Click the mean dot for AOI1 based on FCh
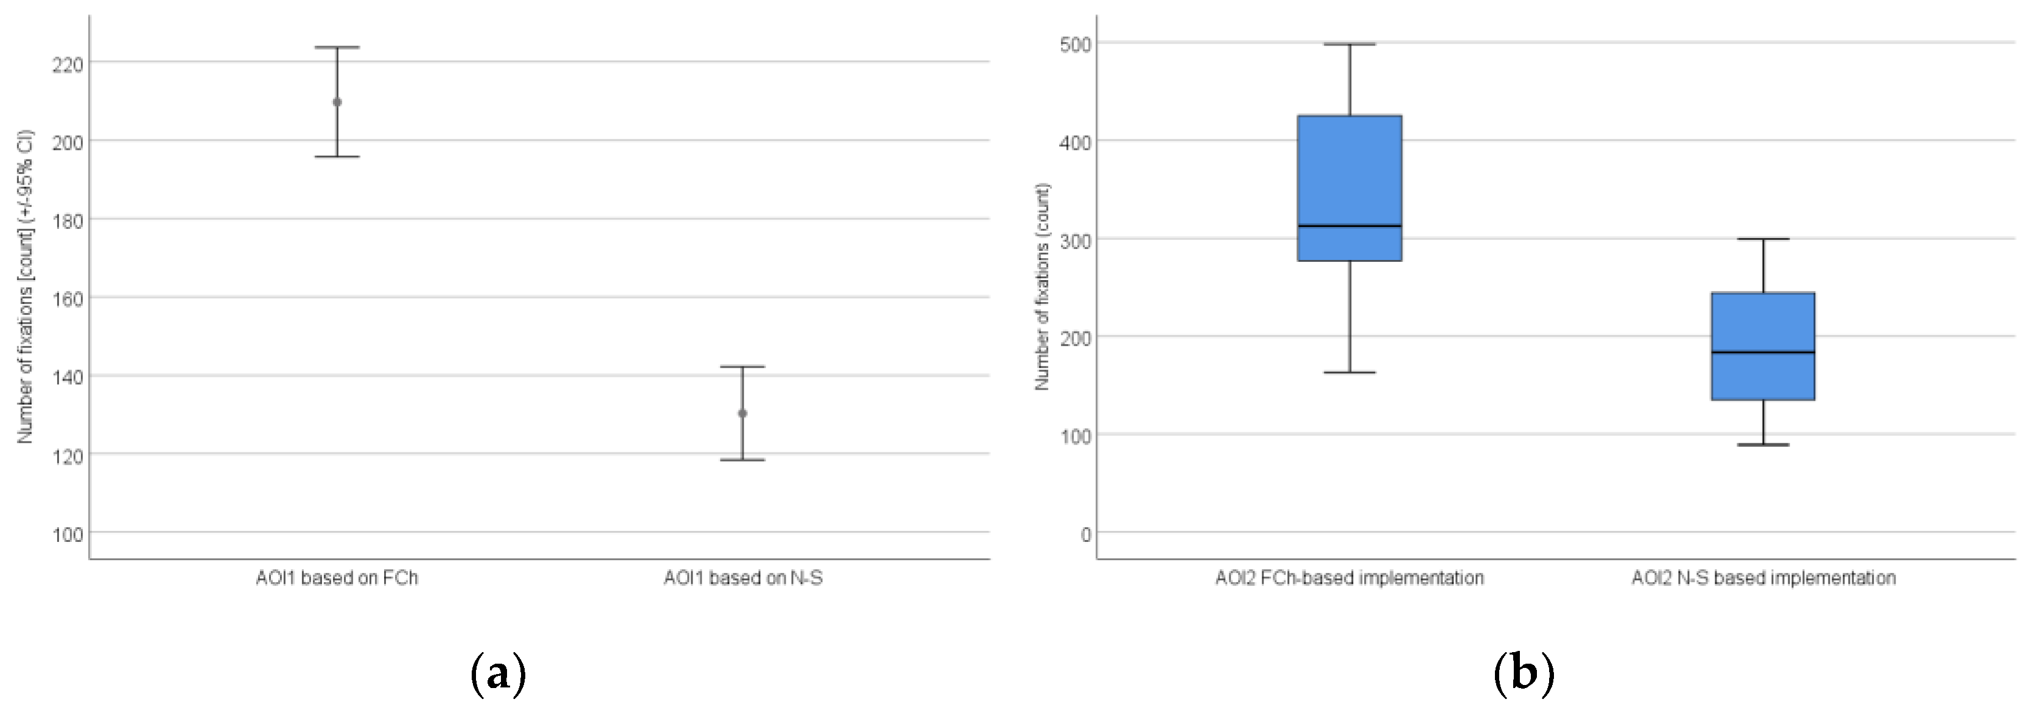[337, 102]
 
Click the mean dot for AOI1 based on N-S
[743, 413]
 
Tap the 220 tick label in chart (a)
[68, 64]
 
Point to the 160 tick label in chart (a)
[68, 298]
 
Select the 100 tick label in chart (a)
[68, 535]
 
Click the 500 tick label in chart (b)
[1075, 44]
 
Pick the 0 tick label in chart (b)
[1086, 535]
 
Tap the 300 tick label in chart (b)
[1075, 240]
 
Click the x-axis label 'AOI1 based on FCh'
[337, 578]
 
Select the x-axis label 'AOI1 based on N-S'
[743, 578]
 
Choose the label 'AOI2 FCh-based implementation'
[1349, 578]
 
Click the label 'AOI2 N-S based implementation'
[1764, 578]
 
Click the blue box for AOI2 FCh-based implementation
[1349, 174]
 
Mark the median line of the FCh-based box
[1349, 226]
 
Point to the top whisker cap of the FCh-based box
[1349, 44]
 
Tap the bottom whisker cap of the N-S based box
[1763, 444]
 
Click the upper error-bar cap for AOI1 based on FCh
[337, 47]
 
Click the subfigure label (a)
[497, 673]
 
